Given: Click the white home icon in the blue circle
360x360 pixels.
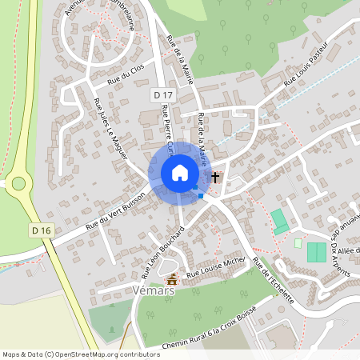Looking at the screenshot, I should tap(180, 173).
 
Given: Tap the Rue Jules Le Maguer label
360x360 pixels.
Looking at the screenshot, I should tap(110, 129).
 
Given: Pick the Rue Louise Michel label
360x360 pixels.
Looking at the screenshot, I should tap(215, 269).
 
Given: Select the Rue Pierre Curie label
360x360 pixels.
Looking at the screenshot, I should tap(170, 128).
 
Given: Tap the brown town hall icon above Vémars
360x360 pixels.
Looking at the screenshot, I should tap(172, 279).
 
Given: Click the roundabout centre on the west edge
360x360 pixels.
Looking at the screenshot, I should tap(18, 184).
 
